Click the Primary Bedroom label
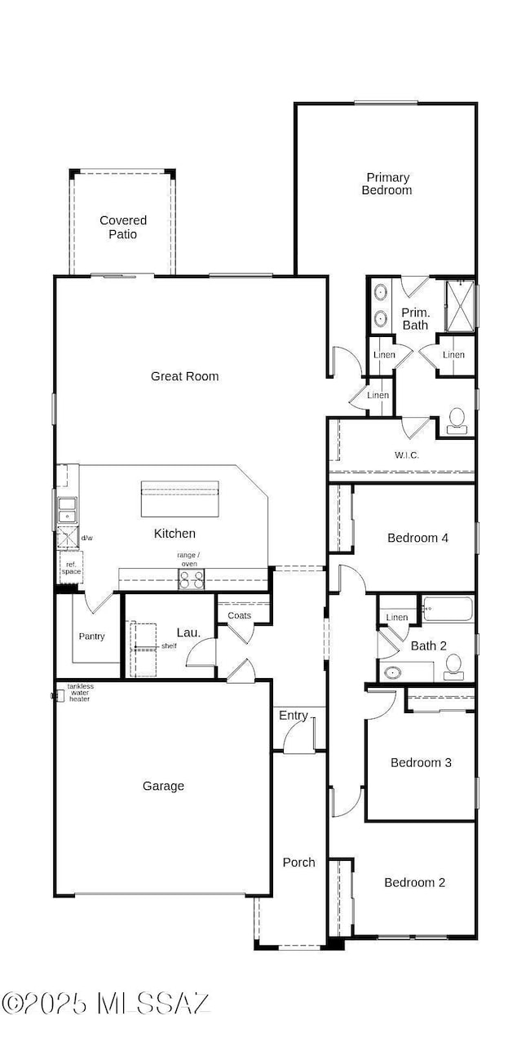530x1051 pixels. click(x=387, y=184)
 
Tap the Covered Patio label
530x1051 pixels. click(x=123, y=227)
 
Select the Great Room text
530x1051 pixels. click(x=185, y=376)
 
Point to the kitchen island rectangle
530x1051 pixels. click(x=180, y=499)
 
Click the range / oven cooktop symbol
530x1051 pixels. click(x=192, y=579)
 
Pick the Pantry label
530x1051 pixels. click(x=91, y=636)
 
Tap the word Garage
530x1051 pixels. click(x=163, y=786)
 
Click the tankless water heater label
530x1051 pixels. click(x=79, y=693)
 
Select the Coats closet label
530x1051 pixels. click(x=240, y=615)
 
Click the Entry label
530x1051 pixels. click(x=294, y=716)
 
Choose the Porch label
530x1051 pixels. click(x=298, y=863)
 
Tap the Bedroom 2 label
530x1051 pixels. click(x=415, y=882)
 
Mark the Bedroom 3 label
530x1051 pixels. click(x=421, y=762)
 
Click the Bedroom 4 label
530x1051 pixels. click(x=417, y=538)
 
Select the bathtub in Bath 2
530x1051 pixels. click(x=447, y=609)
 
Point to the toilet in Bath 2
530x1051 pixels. click(x=454, y=667)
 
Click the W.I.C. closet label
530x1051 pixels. click(x=407, y=455)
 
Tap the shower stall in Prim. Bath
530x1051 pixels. click(x=460, y=304)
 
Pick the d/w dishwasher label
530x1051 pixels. click(x=87, y=538)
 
